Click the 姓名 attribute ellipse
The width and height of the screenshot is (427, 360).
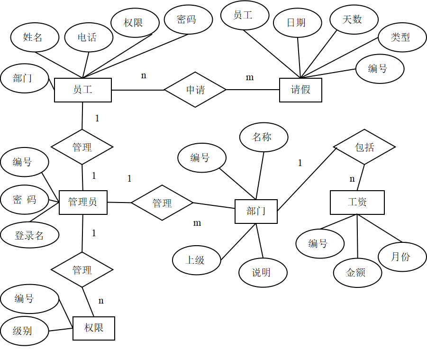[x=35, y=37]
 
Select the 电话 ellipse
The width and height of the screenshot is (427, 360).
[x=89, y=37]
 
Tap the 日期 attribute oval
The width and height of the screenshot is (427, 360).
[x=297, y=22]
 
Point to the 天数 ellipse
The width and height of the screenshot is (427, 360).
[x=354, y=19]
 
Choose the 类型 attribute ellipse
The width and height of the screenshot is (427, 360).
[x=402, y=37]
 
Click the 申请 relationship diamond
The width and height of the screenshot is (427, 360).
[x=195, y=90]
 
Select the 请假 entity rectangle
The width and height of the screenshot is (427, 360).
[x=300, y=90]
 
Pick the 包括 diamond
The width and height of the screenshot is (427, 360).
[x=364, y=147]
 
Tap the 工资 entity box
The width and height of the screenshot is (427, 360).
[x=357, y=203]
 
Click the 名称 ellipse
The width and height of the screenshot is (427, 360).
[x=263, y=138]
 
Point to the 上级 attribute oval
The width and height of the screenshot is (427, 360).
[x=196, y=260]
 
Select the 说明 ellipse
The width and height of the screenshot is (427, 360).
[x=263, y=273]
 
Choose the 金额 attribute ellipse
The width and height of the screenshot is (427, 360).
[x=357, y=273]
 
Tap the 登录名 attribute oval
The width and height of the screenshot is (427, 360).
[x=29, y=235]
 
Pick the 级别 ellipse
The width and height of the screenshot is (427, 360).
[x=24, y=331]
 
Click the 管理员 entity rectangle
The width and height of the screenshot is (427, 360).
[x=83, y=203]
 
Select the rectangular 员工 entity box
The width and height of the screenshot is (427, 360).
[x=83, y=90]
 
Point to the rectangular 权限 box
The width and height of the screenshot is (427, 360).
[x=94, y=328]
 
